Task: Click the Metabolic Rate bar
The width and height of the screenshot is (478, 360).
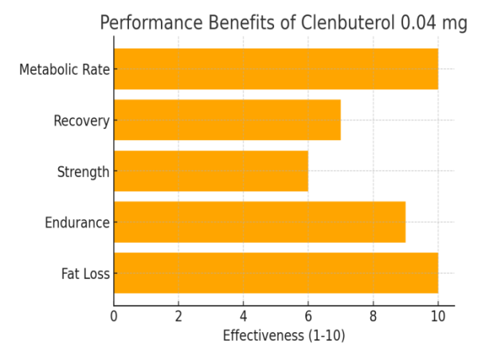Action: click(x=276, y=68)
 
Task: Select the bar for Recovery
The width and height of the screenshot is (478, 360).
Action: click(x=227, y=120)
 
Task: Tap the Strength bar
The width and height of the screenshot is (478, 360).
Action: click(x=211, y=171)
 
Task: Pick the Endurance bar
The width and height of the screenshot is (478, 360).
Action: click(x=260, y=222)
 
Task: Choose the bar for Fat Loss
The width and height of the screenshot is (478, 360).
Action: click(x=276, y=273)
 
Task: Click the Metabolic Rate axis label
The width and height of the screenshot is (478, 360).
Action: click(x=65, y=69)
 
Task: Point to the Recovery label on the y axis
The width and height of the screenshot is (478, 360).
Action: click(x=81, y=121)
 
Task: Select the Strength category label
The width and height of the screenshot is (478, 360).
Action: click(x=83, y=172)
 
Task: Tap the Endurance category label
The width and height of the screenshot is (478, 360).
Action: click(x=77, y=223)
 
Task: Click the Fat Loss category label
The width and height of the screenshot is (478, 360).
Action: click(x=85, y=274)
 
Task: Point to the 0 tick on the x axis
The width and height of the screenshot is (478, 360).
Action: click(x=114, y=316)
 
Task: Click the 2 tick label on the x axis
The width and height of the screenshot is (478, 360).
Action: click(x=178, y=316)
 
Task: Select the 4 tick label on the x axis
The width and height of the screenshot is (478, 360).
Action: click(x=244, y=316)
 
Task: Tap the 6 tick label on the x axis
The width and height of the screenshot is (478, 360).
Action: click(x=308, y=316)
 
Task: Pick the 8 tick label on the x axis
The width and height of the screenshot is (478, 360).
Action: click(x=373, y=316)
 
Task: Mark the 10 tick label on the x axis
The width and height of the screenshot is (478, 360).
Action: click(x=438, y=316)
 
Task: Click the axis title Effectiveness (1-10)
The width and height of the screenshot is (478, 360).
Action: click(x=284, y=336)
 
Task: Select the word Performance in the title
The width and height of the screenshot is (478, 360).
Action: click(x=150, y=23)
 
